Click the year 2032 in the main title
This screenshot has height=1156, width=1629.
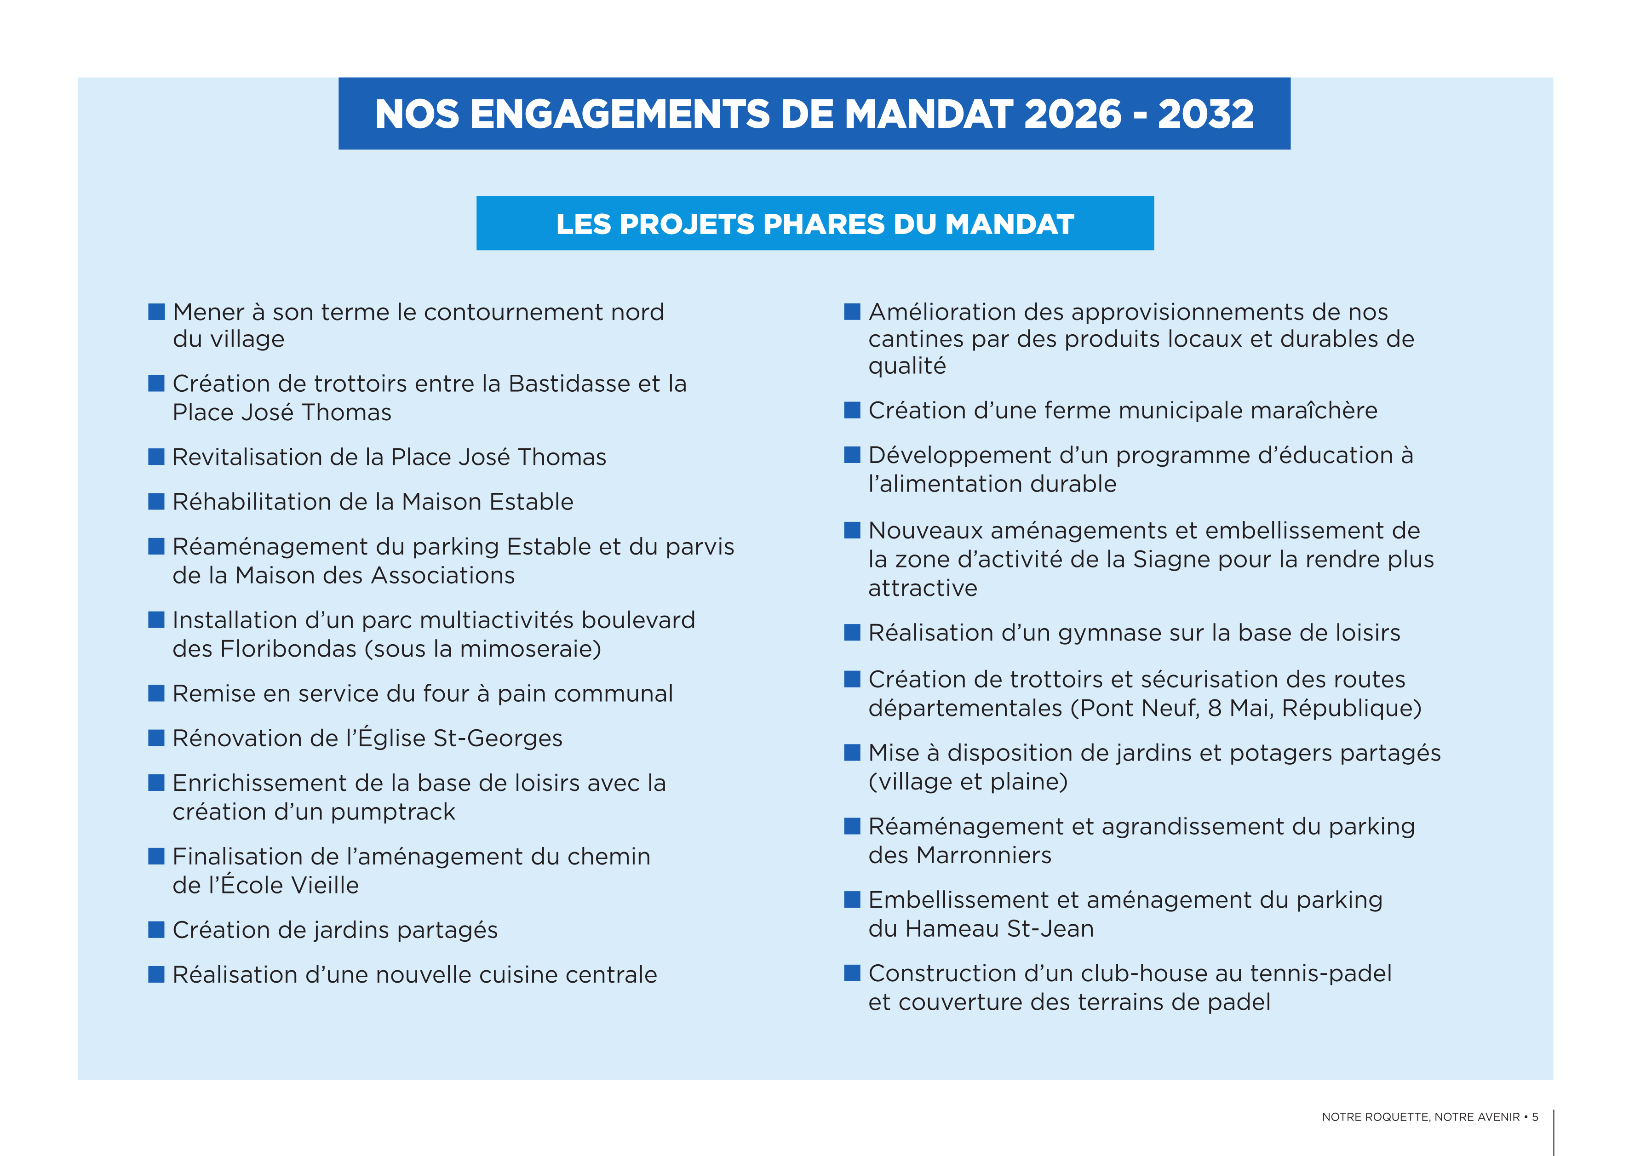tap(1205, 114)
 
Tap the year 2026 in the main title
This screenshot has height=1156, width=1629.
tap(1072, 114)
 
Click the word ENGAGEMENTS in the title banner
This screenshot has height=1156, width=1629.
tap(619, 114)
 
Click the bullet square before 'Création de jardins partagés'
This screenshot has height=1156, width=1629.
tap(156, 930)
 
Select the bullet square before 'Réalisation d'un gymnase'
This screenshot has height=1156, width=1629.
tap(852, 633)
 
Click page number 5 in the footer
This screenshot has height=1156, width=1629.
tap(1535, 1117)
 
